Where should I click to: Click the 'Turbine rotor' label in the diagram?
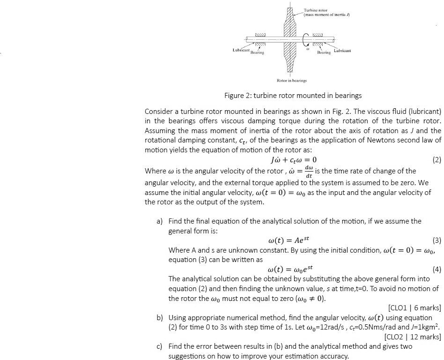point(316,10)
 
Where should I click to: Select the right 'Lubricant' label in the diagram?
point(342,50)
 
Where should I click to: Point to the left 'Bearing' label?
point(257,52)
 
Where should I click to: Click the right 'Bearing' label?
point(324,52)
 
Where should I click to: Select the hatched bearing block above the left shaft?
point(260,35)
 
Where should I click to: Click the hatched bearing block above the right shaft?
point(318,35)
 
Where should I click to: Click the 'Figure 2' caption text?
point(293,96)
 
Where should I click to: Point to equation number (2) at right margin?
point(437,160)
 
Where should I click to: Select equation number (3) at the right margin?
point(437,241)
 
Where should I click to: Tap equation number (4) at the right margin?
point(437,269)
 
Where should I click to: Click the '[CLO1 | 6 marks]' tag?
point(414,307)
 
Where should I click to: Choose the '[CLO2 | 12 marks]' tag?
point(412,337)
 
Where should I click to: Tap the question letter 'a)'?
point(160,221)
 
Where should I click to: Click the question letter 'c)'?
point(160,346)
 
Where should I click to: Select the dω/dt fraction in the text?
point(309,171)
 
